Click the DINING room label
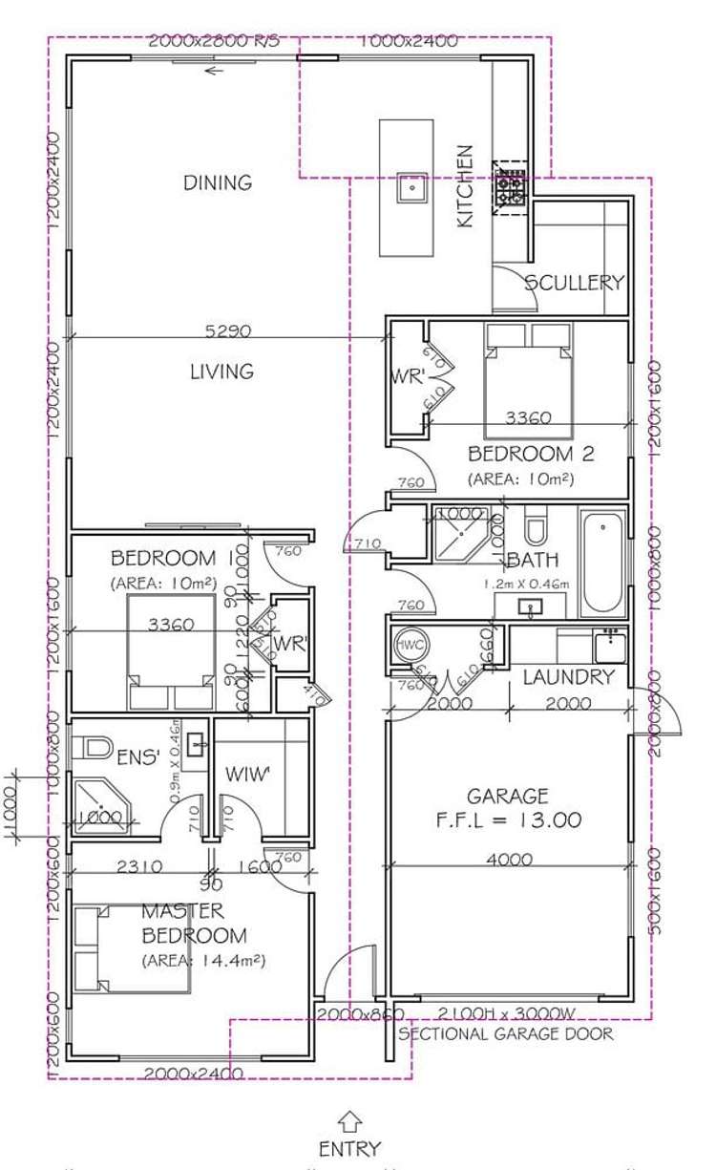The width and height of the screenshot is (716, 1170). [218, 182]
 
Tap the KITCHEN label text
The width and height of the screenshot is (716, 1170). [465, 186]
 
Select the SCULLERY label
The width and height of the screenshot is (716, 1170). [574, 283]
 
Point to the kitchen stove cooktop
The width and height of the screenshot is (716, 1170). [509, 187]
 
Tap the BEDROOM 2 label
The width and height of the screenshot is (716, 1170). [520, 454]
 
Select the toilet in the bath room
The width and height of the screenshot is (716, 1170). [535, 527]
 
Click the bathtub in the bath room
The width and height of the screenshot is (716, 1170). [602, 564]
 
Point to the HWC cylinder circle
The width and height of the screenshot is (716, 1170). [409, 646]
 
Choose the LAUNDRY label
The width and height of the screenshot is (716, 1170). [569, 677]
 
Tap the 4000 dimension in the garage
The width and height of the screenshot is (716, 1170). [509, 860]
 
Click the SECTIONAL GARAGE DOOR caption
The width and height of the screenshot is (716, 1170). [506, 1033]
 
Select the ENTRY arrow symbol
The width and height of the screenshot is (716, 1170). [350, 1121]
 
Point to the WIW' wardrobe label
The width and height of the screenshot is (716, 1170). [247, 774]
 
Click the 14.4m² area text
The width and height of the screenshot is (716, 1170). [202, 960]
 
